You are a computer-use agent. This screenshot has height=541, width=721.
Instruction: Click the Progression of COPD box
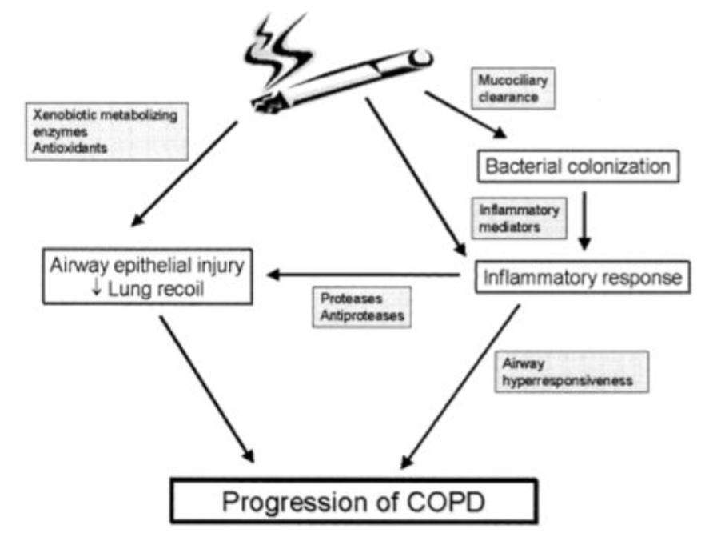[352, 502]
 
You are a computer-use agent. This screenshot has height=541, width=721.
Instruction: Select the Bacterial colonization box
[578, 167]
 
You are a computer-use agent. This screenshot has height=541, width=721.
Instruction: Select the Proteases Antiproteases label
[361, 307]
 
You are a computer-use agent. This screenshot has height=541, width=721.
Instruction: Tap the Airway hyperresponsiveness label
[566, 372]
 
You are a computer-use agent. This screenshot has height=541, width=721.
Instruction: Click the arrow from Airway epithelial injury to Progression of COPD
[206, 388]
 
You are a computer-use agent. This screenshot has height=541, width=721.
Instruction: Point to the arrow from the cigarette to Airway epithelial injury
[184, 173]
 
